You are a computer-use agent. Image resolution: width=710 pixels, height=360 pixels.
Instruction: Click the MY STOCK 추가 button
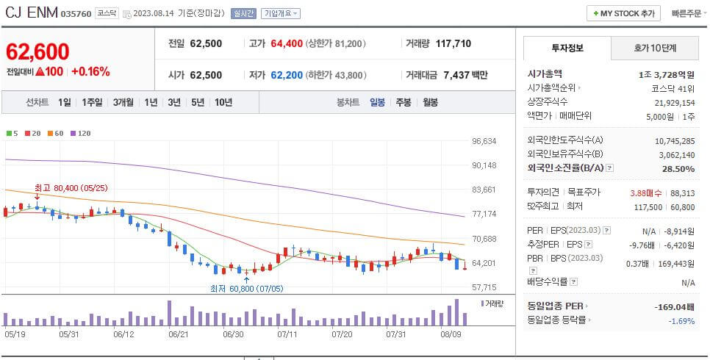pyautogui.click(x=623, y=13)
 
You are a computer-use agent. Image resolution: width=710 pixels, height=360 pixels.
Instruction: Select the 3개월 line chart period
pyautogui.click(x=124, y=102)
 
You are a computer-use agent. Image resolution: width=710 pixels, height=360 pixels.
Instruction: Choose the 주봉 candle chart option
pyautogui.click(x=403, y=102)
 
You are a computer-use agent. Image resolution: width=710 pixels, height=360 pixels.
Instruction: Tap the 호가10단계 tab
pyautogui.click(x=655, y=48)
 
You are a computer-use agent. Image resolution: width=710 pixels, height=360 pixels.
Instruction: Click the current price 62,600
pyautogui.click(x=38, y=51)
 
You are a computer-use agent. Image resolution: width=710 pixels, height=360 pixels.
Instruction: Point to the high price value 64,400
pyautogui.click(x=286, y=43)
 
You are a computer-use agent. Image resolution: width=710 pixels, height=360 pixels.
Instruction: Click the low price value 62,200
pyautogui.click(x=286, y=75)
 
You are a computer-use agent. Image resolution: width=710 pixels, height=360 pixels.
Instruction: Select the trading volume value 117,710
pyautogui.click(x=453, y=43)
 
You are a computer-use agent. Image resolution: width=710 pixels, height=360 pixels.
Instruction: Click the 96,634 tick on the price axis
pyautogui.click(x=484, y=141)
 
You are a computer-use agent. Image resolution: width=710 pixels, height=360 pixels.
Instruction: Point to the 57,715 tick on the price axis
pyautogui.click(x=484, y=287)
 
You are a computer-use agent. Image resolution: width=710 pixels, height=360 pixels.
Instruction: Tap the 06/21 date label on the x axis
pyautogui.click(x=179, y=334)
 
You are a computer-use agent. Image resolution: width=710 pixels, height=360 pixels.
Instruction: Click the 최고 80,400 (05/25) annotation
pyautogui.click(x=71, y=188)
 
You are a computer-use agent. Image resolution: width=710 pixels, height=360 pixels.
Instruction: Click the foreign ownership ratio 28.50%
pyautogui.click(x=678, y=168)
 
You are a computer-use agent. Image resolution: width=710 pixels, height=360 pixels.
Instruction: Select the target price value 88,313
pyautogui.click(x=683, y=192)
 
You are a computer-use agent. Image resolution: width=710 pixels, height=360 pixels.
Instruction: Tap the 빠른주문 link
pyautogui.click(x=687, y=13)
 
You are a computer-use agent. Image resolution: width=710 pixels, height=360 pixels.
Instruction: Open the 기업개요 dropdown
pyautogui.click(x=280, y=13)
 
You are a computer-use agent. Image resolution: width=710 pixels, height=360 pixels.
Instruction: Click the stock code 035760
pyautogui.click(x=76, y=14)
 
